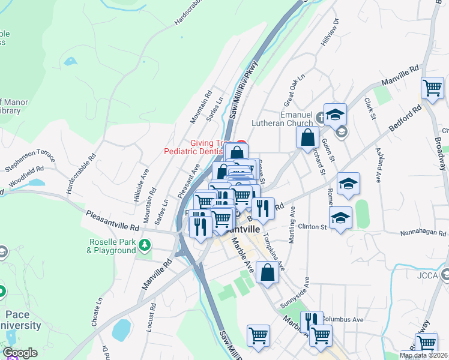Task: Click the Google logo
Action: [x=20, y=353]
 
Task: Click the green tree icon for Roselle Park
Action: [x=144, y=245]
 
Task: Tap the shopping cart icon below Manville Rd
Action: [x=433, y=89]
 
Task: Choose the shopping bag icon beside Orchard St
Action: [x=307, y=136]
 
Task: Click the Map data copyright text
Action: [x=424, y=355]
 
